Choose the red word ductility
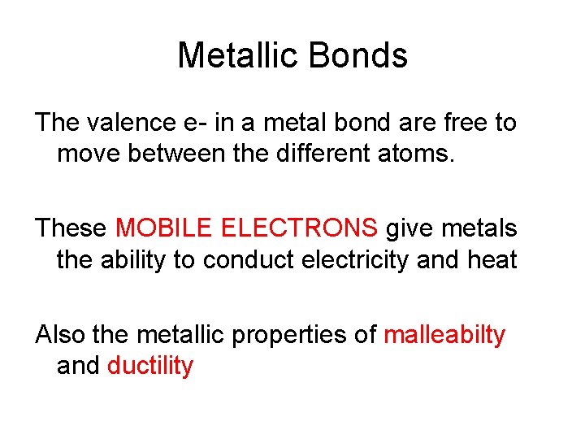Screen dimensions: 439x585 coord(150,365)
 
